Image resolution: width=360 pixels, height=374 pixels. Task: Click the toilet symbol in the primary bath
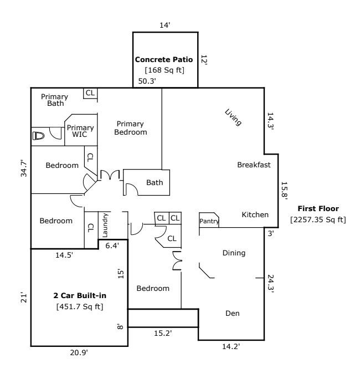pos(38,136)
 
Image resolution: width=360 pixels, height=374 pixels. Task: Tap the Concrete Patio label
pos(164,59)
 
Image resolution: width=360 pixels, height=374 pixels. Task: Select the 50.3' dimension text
pos(147,81)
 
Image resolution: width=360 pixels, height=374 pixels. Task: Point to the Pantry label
pos(209,221)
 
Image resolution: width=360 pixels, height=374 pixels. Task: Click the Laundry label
pos(105,225)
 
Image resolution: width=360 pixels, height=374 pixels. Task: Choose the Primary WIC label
pos(80,131)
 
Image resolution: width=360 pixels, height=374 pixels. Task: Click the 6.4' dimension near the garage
pos(112,245)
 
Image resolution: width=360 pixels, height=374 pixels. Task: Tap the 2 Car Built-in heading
pos(80,295)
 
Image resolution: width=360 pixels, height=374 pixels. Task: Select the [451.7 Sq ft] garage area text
pos(80,306)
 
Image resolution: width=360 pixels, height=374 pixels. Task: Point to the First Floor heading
pos(318,208)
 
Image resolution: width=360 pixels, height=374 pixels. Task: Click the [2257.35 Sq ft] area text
pos(318,219)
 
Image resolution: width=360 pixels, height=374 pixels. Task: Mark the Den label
pos(233,313)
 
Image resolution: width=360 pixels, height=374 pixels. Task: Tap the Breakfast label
pos(254,165)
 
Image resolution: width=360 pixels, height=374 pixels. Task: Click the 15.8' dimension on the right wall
pos(285,191)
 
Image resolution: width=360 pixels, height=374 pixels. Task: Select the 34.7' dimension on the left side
pos(24,168)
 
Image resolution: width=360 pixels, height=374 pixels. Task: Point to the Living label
pos(233,117)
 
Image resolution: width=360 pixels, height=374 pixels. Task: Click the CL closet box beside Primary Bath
pos(90,93)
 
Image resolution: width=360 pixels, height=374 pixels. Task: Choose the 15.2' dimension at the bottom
pos(163,333)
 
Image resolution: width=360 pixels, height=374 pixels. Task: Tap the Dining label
pos(234,253)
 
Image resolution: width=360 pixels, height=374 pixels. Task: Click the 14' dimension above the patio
pos(164,25)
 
